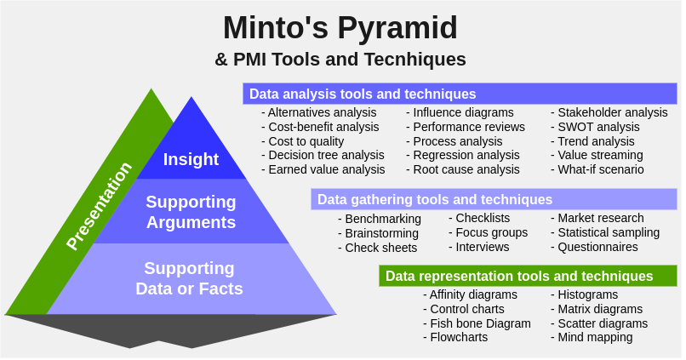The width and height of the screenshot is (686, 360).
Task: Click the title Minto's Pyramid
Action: (x=340, y=29)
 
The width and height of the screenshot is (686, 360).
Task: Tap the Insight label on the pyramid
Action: (x=191, y=160)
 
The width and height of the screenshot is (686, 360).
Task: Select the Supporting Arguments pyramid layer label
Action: (x=191, y=212)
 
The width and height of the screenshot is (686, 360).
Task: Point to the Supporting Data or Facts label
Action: (x=189, y=278)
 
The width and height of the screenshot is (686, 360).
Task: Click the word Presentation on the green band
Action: (x=99, y=206)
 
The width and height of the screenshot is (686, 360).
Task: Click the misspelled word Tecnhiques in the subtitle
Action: (x=414, y=59)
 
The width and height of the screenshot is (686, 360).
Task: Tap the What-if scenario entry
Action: (x=597, y=169)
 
